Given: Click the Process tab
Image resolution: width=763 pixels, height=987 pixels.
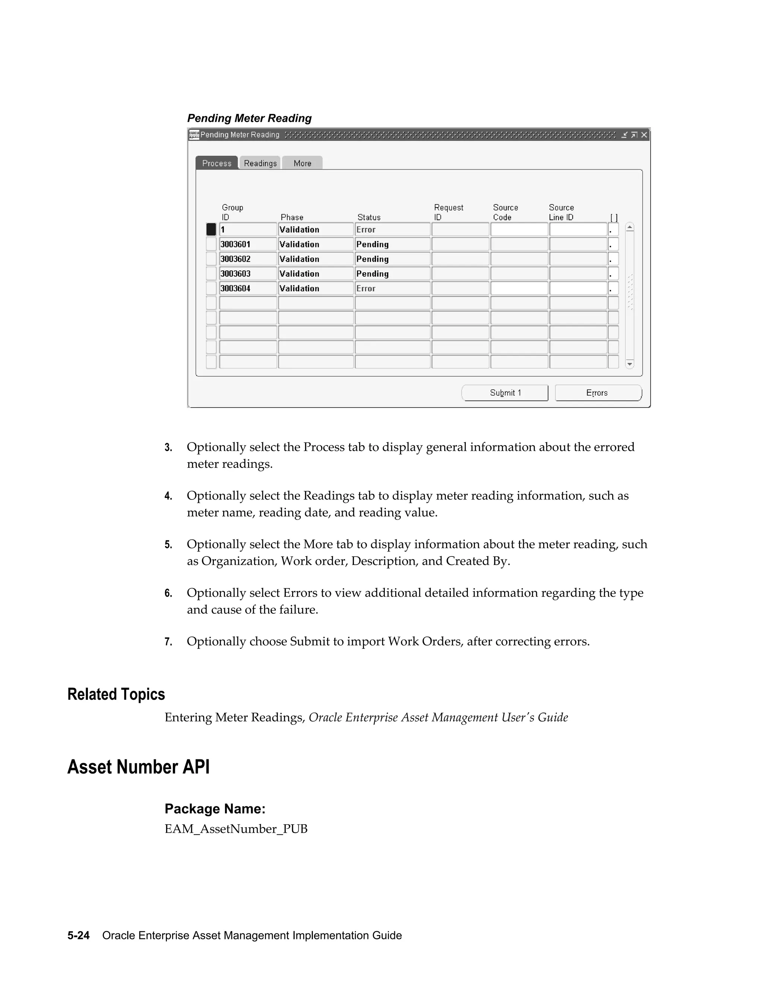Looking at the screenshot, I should coord(216,163).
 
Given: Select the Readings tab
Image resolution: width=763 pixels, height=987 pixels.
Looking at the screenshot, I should coord(260,163).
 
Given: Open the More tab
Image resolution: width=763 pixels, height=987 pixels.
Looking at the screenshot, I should coord(302,163).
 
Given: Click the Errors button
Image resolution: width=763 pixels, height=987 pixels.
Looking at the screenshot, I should coord(598,393).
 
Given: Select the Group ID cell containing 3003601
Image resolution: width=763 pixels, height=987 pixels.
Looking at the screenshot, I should coord(248,244).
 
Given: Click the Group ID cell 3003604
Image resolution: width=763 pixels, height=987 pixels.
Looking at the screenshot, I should coord(248,288).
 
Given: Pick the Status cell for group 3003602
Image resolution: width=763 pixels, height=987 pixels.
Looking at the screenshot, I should coord(392,259).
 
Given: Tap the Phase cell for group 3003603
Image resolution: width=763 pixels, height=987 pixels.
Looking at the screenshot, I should coord(316,274).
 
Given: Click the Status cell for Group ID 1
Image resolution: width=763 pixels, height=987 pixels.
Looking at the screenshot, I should coord(392,229).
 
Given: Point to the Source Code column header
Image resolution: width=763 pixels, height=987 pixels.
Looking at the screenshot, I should coord(505,212).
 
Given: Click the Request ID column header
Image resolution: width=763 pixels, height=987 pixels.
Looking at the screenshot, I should coord(449,212).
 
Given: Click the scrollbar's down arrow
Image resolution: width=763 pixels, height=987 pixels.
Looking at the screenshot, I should coord(630,364).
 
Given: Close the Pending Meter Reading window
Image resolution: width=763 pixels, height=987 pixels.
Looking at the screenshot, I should coord(644,135).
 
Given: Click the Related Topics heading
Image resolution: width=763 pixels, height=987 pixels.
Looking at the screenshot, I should coord(116,694).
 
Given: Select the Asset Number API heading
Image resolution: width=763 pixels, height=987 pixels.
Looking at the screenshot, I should coord(138,767).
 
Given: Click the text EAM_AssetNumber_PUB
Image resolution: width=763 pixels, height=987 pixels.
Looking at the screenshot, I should coord(236,829).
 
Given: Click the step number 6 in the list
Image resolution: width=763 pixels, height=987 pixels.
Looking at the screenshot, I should coord(168,593).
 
